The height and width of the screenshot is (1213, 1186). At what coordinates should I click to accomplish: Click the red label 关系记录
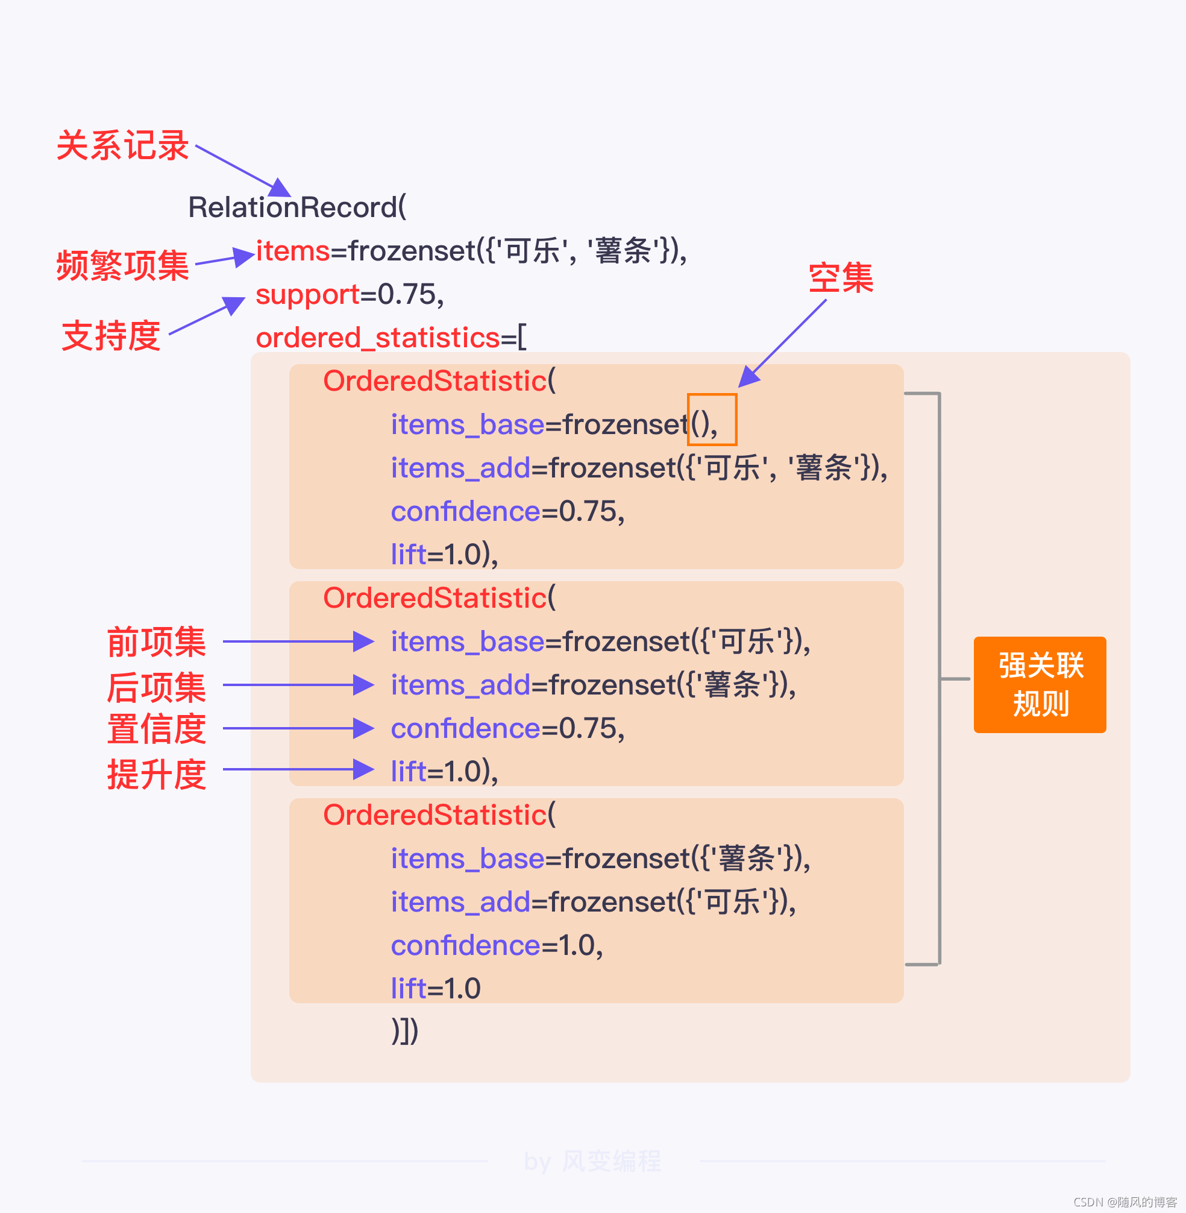pyautogui.click(x=123, y=146)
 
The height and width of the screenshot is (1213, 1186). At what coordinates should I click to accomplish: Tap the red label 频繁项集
pyautogui.click(x=123, y=265)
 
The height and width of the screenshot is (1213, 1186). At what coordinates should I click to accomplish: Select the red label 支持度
pyautogui.click(x=111, y=336)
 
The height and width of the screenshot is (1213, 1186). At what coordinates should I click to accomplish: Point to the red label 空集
pyautogui.click(x=840, y=278)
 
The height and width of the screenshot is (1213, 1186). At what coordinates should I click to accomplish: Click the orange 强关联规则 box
pyautogui.click(x=1040, y=684)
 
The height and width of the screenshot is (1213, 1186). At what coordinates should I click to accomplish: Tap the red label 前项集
pyautogui.click(x=156, y=641)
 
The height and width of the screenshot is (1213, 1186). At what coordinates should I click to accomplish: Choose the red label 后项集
pyautogui.click(x=156, y=687)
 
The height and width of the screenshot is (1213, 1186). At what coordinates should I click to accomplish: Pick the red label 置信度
pyautogui.click(x=156, y=729)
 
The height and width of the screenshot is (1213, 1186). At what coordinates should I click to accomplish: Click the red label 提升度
pyautogui.click(x=156, y=774)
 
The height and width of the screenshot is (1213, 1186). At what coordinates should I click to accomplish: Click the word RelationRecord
pyautogui.click(x=296, y=207)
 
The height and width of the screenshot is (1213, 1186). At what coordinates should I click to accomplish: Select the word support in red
pyautogui.click(x=308, y=294)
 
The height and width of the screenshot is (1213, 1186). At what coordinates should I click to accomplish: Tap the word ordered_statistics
pyautogui.click(x=377, y=338)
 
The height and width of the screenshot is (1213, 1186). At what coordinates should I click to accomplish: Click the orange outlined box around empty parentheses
pyautogui.click(x=712, y=419)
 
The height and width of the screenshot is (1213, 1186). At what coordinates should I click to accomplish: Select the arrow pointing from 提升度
pyautogui.click(x=298, y=769)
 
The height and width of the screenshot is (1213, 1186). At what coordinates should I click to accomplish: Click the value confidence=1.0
pyautogui.click(x=497, y=945)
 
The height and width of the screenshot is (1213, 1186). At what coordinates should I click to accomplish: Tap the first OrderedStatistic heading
pyautogui.click(x=439, y=380)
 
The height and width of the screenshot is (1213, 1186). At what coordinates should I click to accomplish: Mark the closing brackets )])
pyautogui.click(x=405, y=1031)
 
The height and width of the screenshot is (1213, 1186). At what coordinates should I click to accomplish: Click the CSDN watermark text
pyautogui.click(x=1125, y=1202)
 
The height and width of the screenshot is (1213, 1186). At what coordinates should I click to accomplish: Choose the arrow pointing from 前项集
pyautogui.click(x=298, y=641)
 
